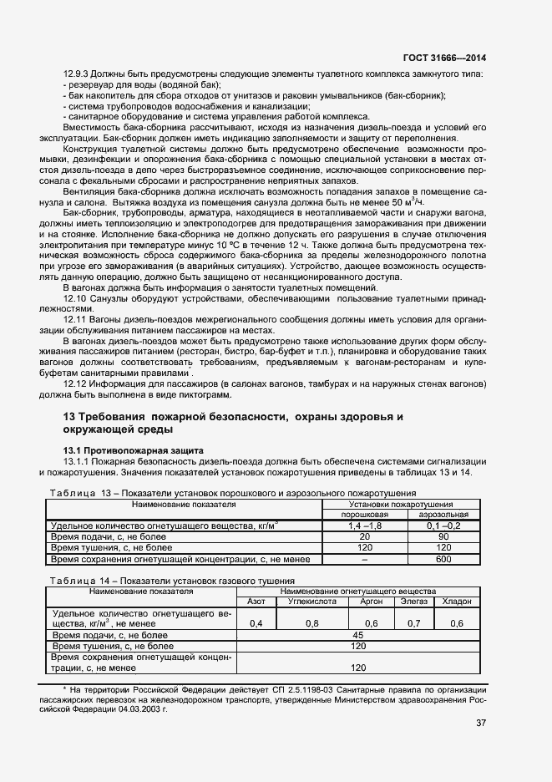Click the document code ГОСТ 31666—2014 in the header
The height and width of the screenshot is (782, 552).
tap(445, 58)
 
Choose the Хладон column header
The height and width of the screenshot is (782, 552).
tap(457, 601)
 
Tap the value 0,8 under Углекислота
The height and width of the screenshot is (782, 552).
tap(311, 623)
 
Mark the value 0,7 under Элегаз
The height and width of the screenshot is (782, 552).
tap(413, 623)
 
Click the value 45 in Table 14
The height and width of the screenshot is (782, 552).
tap(358, 635)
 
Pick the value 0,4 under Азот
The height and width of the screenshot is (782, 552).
tap(256, 623)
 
